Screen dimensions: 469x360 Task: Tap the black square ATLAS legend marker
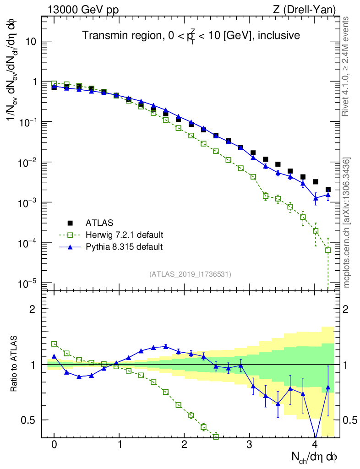70,223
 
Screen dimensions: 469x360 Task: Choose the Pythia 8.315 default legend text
124,247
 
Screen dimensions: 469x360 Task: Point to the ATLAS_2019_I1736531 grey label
190,274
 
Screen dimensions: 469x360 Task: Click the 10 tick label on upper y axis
31,41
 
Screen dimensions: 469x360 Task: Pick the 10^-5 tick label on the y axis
27,283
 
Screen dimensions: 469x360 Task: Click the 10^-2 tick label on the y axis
27,162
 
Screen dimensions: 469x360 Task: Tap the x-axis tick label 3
250,445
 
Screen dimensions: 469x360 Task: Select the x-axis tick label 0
54,445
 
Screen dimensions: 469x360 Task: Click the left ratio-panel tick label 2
33,309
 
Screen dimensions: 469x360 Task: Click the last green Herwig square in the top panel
328,250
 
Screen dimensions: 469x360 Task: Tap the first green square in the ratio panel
54,344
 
